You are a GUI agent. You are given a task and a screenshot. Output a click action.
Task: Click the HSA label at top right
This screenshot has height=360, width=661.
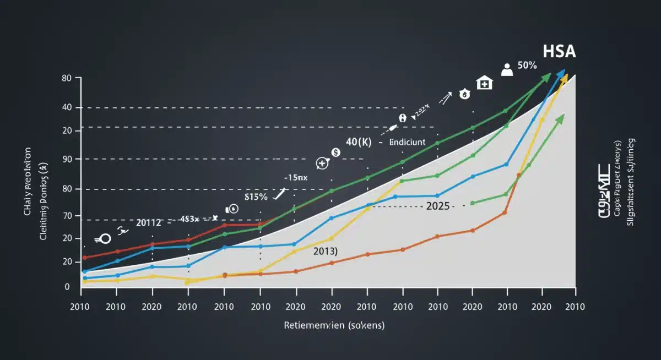point(559,52)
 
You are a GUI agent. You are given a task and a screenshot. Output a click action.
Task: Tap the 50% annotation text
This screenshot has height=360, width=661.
point(527,66)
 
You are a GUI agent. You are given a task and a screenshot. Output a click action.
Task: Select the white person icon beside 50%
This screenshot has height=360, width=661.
point(507,69)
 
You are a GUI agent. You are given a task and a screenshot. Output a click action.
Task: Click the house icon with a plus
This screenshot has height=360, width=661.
point(484,83)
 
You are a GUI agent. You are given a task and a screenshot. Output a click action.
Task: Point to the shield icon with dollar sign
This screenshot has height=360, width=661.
point(465,95)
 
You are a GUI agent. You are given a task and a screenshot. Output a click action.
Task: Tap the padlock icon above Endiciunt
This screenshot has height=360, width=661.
point(403,118)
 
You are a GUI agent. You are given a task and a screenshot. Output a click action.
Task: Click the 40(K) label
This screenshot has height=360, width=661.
point(359,142)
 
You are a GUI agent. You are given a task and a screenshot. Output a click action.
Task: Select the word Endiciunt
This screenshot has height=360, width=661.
point(407,142)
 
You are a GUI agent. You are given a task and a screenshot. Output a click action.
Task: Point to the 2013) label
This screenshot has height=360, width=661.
point(326,251)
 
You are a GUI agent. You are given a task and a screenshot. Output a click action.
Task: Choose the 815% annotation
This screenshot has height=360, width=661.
point(256,196)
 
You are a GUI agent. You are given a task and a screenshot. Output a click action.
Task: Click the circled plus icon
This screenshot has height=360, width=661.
point(322,163)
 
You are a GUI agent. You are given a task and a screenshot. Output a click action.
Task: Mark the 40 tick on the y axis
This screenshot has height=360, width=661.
point(68,107)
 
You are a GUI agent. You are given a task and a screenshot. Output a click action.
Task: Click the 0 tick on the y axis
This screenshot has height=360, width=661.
point(67,287)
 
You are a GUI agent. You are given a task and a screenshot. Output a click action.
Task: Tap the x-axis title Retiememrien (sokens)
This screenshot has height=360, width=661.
point(334,325)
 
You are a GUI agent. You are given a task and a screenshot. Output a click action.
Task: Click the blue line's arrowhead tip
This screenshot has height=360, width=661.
point(564,70)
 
